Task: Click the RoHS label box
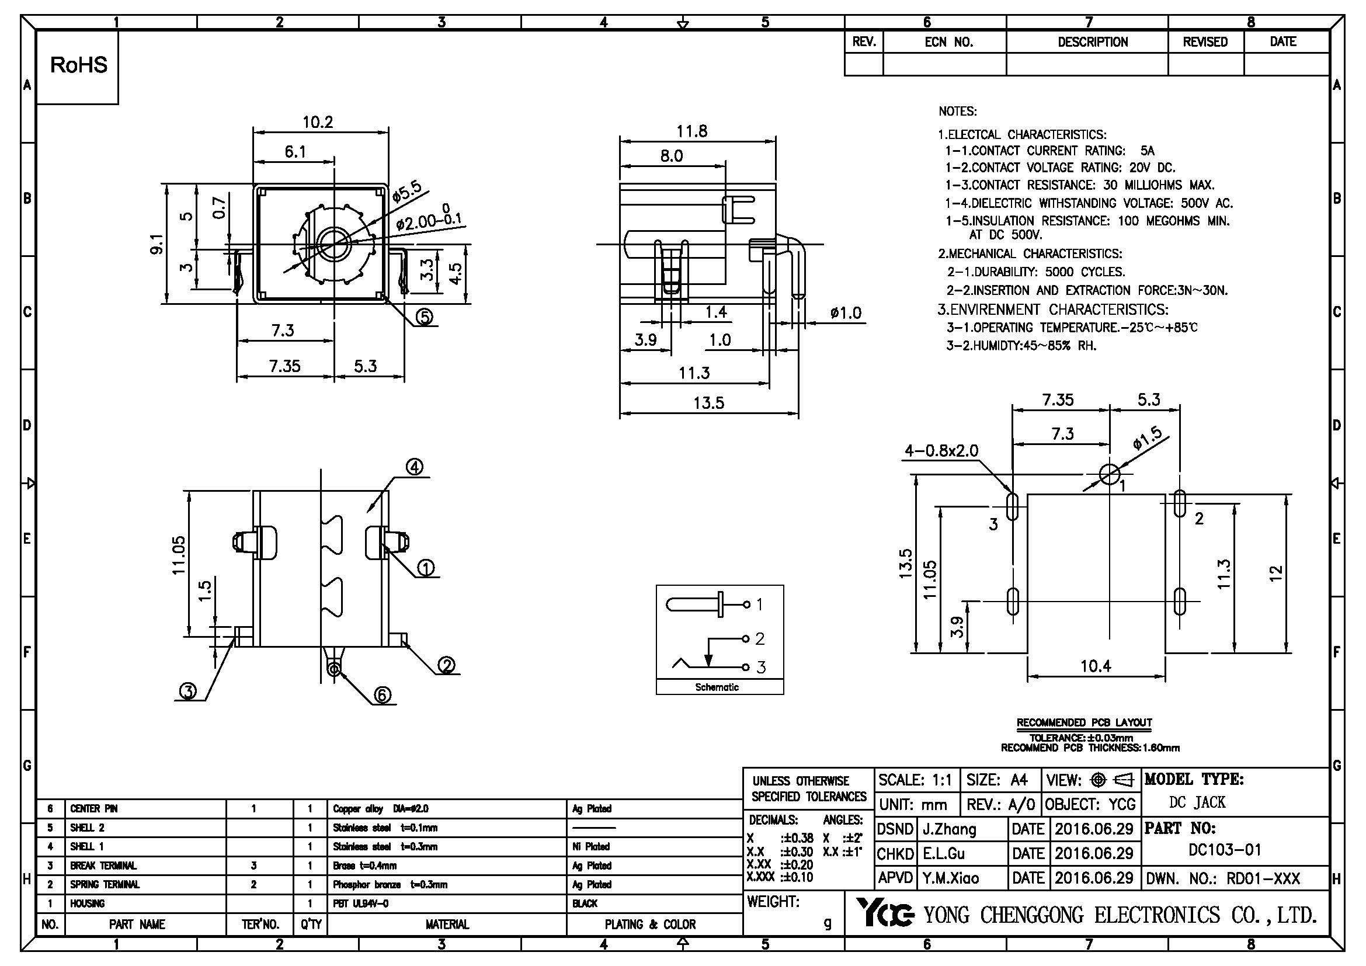(78, 65)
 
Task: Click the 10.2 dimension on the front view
(318, 122)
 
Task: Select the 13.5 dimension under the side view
(708, 404)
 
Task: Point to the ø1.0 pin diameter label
(846, 314)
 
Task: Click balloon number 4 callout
(415, 468)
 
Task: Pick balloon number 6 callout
(382, 694)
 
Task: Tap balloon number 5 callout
(423, 317)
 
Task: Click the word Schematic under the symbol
(717, 687)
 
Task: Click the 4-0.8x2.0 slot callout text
(941, 451)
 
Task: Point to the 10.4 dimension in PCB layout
(1095, 666)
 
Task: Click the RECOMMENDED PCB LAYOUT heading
(1084, 722)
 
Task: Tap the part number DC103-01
(1225, 849)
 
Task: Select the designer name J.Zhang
(950, 829)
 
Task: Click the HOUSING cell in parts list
(88, 904)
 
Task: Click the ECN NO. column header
(948, 42)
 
